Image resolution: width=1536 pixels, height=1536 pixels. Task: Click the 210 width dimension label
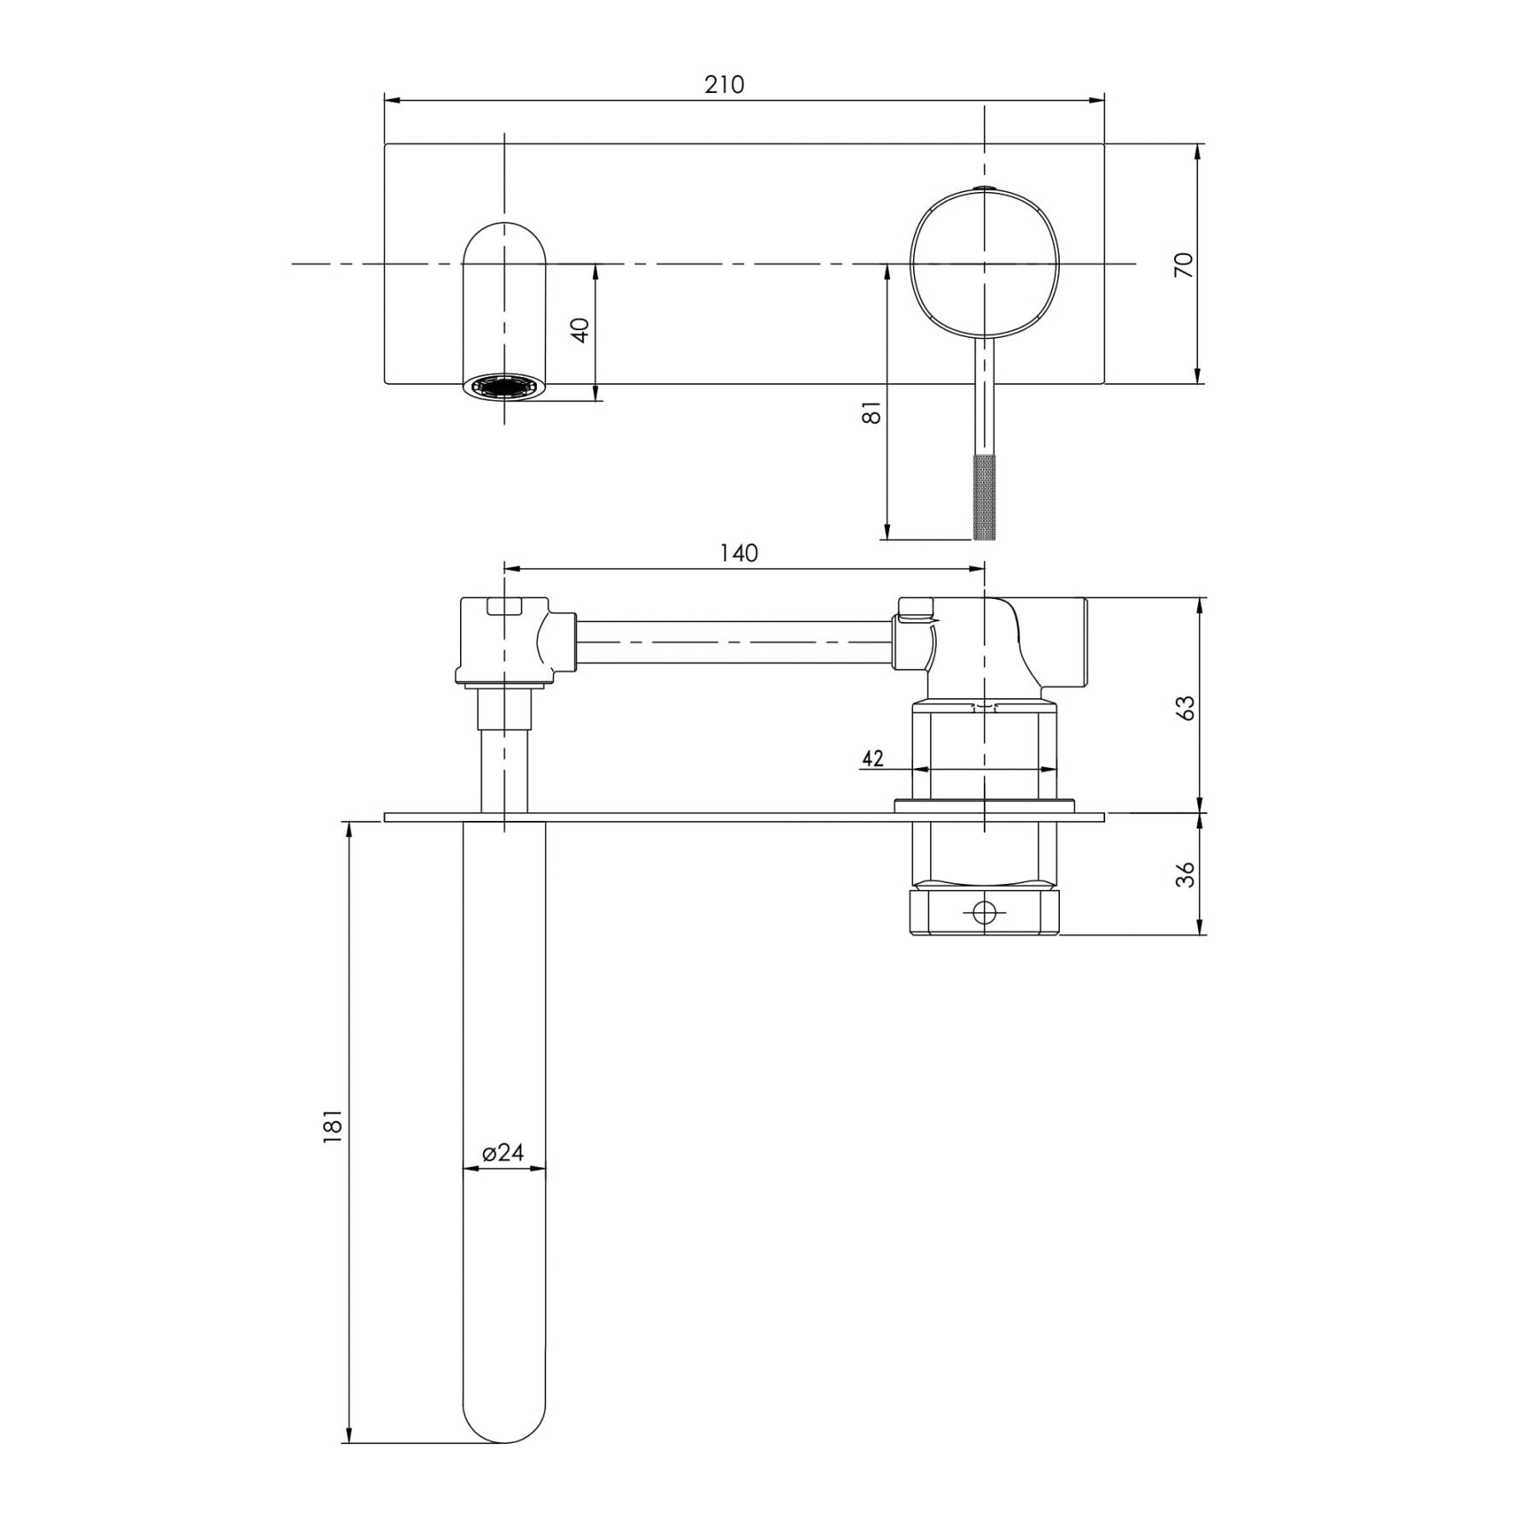724,84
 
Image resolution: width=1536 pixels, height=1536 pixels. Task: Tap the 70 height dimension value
1184,265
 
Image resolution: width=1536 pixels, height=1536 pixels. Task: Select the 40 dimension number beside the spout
580,329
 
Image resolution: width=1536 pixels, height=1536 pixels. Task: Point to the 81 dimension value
871,412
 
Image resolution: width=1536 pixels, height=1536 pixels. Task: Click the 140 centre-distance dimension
739,553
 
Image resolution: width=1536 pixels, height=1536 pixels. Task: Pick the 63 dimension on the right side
1185,708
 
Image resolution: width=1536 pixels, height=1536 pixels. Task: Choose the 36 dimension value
1185,875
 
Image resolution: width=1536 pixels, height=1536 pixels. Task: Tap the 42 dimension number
872,758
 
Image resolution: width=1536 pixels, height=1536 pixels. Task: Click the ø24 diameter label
503,1152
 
